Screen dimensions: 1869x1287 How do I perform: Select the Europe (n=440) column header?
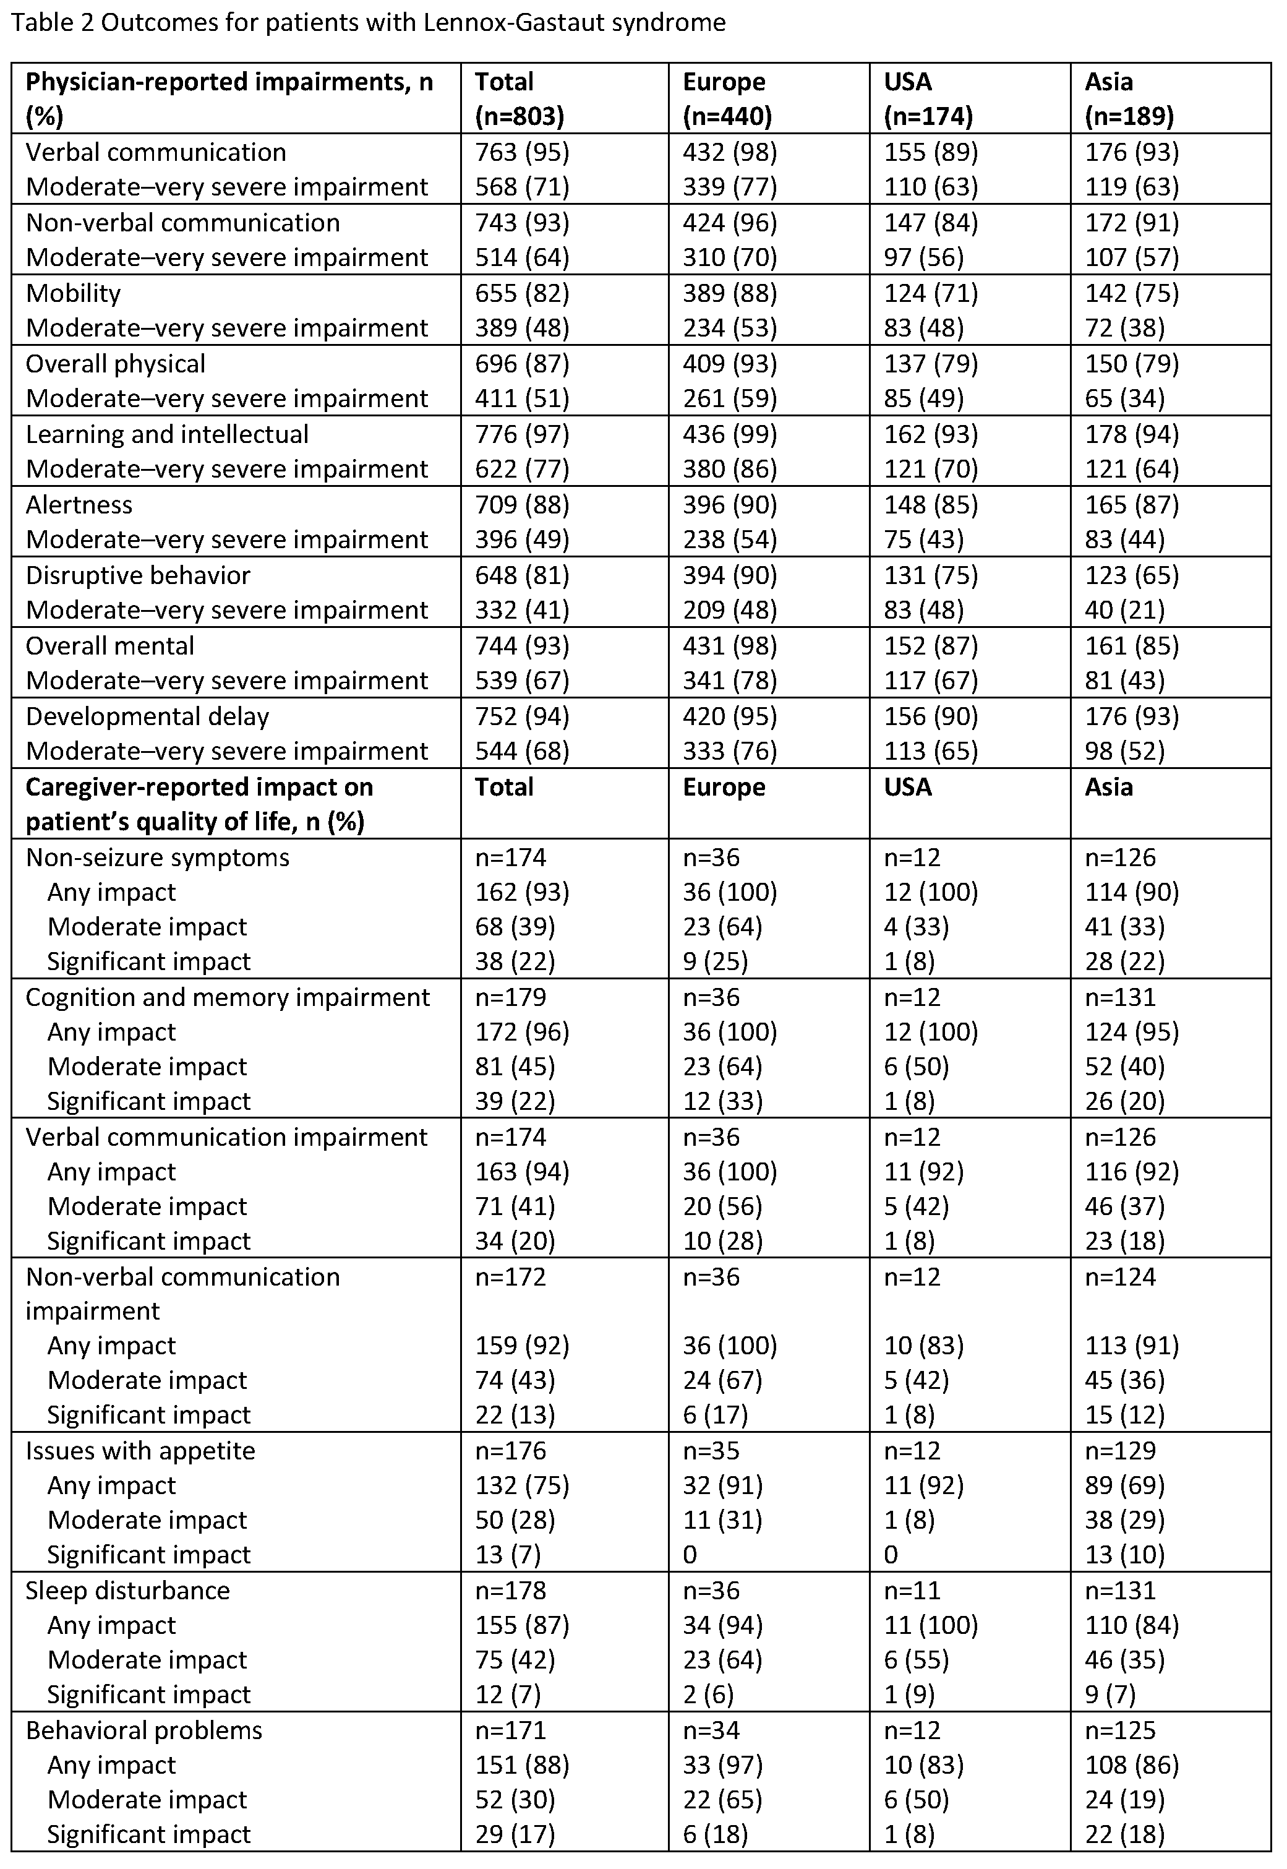727,98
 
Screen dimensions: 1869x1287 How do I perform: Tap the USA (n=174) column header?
928,98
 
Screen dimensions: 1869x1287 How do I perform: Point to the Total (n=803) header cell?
520,98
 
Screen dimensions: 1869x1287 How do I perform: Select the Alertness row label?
79,505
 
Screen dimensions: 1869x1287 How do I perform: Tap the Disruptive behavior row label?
138,575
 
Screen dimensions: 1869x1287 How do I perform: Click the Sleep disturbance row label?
127,1590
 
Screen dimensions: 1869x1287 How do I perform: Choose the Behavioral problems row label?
143,1730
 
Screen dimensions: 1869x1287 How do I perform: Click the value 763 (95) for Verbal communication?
522,152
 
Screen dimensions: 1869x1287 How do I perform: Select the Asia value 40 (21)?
1124,610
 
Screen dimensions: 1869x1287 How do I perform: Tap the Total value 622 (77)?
522,469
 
